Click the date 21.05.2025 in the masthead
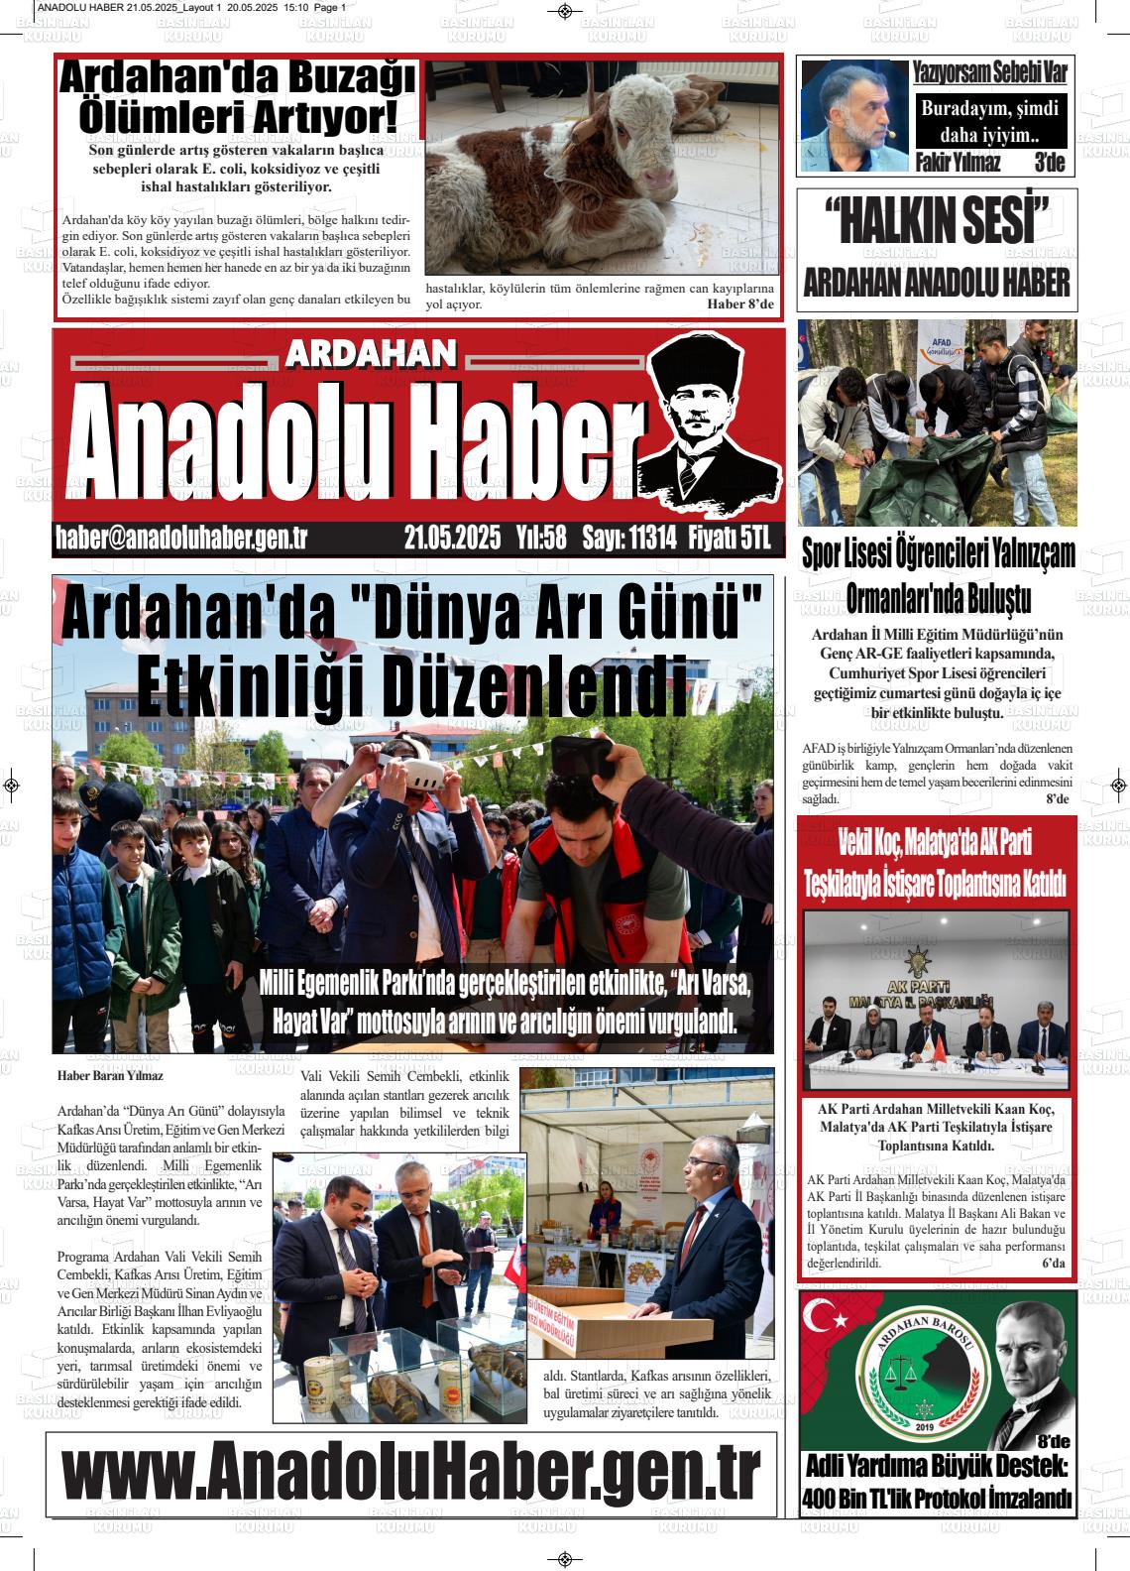pos(453,539)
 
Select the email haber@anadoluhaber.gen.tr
pos(182,539)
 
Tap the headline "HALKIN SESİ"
pos(937,221)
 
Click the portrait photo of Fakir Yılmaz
pos(853,117)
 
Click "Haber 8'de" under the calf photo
pos(739,304)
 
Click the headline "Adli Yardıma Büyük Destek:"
pos(937,1466)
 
